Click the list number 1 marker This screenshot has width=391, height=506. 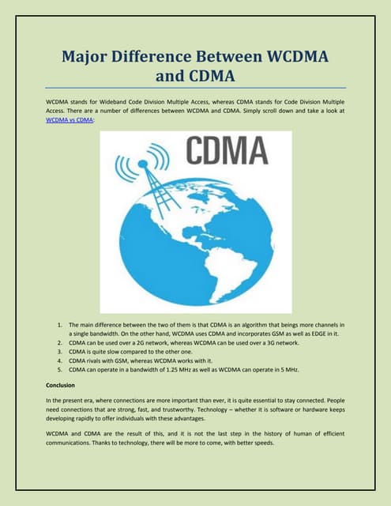pos(60,325)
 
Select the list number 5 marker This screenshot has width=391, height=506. pos(60,368)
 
